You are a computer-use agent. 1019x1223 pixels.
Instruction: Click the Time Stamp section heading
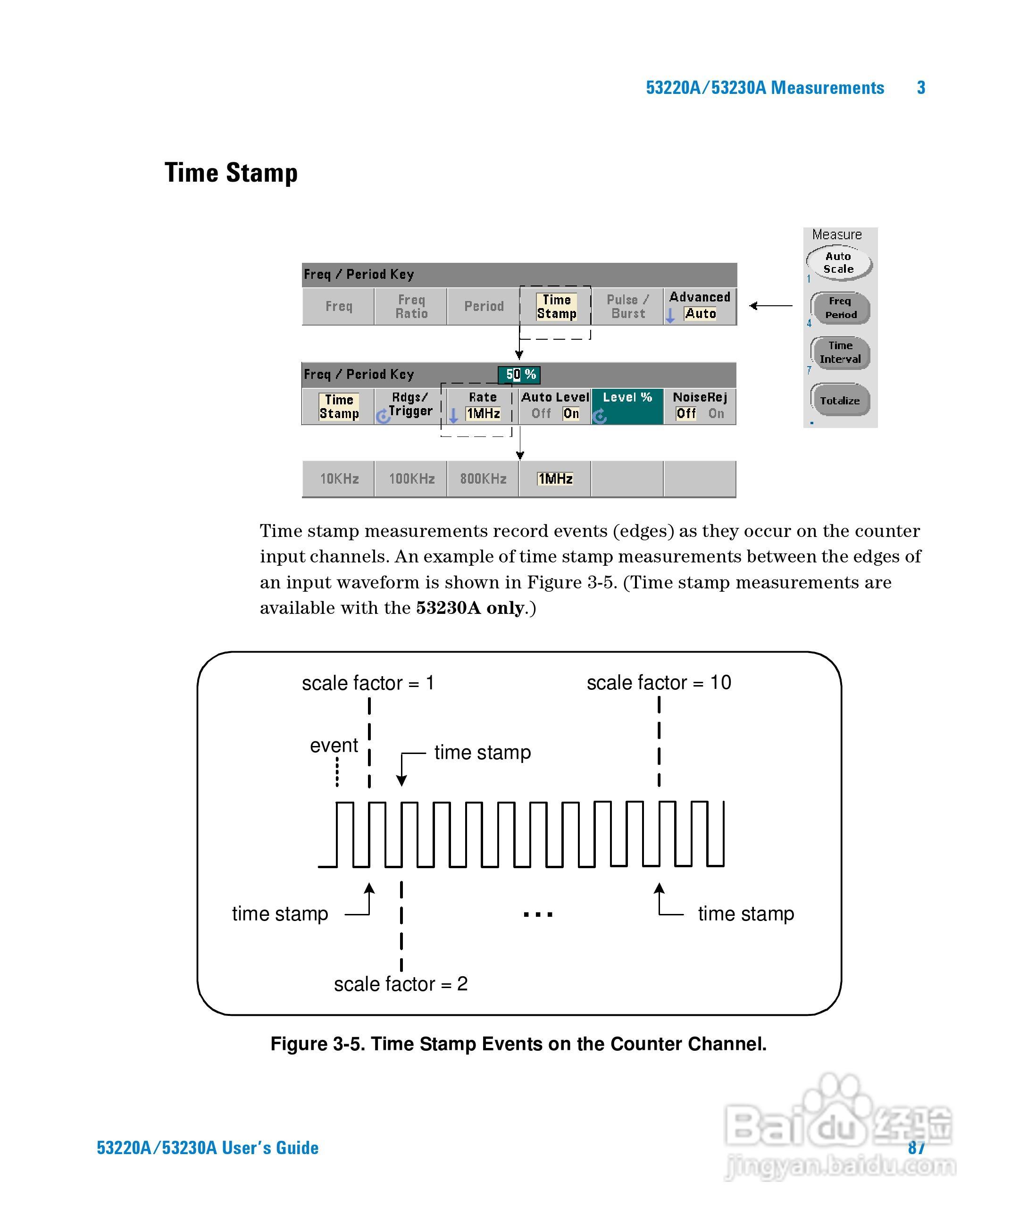point(231,173)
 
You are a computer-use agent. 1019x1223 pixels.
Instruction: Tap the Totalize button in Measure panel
point(840,400)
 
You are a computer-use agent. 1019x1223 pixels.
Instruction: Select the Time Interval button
point(840,352)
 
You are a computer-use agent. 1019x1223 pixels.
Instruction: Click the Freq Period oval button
point(840,308)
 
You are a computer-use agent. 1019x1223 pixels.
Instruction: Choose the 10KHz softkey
point(339,479)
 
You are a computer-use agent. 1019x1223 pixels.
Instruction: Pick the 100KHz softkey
point(411,479)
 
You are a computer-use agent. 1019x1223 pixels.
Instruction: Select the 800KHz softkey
point(483,479)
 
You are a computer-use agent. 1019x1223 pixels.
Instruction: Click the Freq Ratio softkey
point(411,306)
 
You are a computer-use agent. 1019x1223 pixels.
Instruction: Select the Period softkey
point(483,306)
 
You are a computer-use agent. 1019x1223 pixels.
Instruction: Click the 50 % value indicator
point(519,375)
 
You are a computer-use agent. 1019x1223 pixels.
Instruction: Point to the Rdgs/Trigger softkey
point(410,405)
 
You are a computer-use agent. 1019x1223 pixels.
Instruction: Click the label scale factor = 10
point(659,683)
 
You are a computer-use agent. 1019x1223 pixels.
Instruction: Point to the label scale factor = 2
point(401,984)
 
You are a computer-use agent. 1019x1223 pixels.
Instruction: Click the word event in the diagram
point(334,746)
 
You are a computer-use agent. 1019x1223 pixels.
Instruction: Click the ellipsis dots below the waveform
point(537,914)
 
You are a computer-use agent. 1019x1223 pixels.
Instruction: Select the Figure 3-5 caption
point(518,1044)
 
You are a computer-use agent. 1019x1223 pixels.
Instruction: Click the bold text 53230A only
point(470,608)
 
